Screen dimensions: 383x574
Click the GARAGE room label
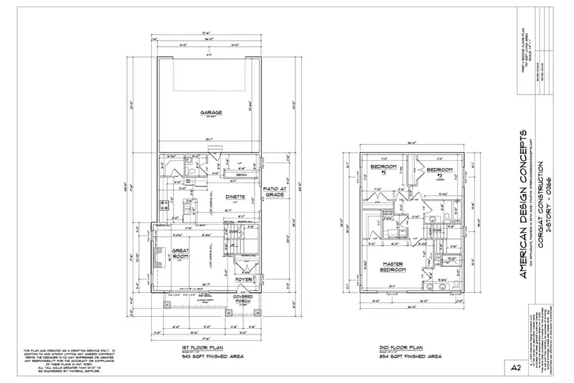pyautogui.click(x=210, y=112)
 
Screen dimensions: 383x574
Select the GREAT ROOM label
pyautogui.click(x=180, y=253)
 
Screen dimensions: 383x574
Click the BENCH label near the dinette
pyautogui.click(x=242, y=174)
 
